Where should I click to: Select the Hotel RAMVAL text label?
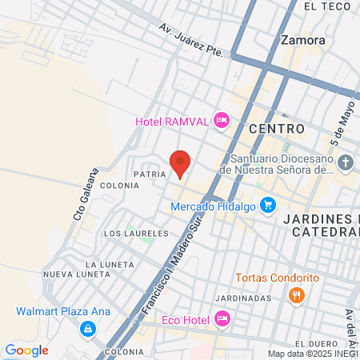171,122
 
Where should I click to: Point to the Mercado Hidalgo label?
213,206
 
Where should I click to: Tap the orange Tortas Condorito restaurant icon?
297,295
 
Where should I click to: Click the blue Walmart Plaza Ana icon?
86,328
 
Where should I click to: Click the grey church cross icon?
345,164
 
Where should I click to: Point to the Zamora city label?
303,39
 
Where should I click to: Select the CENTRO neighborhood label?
277,128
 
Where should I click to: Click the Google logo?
27,350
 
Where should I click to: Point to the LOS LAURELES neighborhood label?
136,234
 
